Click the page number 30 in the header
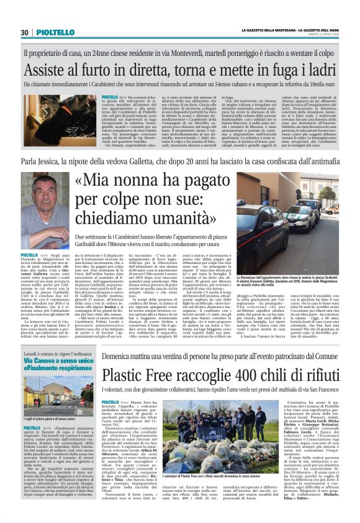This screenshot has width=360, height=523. pos(24,32)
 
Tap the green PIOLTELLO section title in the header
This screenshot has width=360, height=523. pos(48,32)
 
